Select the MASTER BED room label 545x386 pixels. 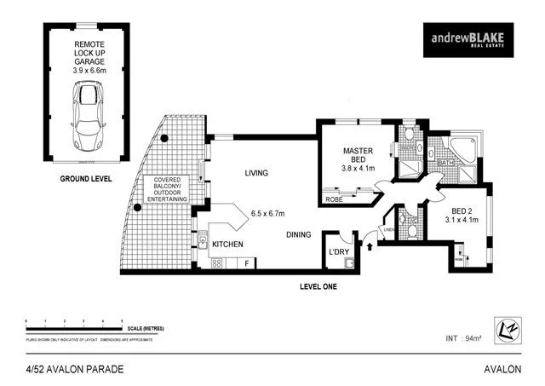(359, 156)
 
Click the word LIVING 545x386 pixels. (256, 173)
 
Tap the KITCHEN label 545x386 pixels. (227, 245)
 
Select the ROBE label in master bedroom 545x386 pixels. (334, 200)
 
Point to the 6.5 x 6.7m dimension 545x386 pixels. (267, 213)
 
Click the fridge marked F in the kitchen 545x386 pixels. (246, 263)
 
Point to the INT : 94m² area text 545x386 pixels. (463, 338)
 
